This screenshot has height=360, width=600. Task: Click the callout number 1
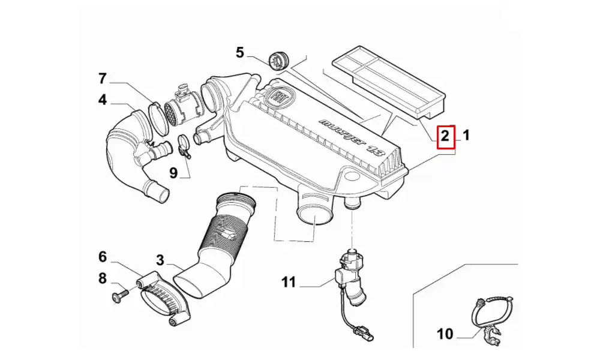(466, 136)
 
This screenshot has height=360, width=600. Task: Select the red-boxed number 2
(445, 136)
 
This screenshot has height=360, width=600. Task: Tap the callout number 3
(160, 260)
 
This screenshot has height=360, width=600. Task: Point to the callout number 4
(103, 100)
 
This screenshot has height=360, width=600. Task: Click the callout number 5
(240, 53)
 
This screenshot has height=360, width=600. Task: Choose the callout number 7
(103, 79)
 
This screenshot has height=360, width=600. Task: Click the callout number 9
(173, 173)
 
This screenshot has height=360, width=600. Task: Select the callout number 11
(289, 281)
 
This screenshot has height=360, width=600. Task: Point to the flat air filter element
(389, 81)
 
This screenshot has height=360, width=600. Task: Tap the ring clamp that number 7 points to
(157, 118)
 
